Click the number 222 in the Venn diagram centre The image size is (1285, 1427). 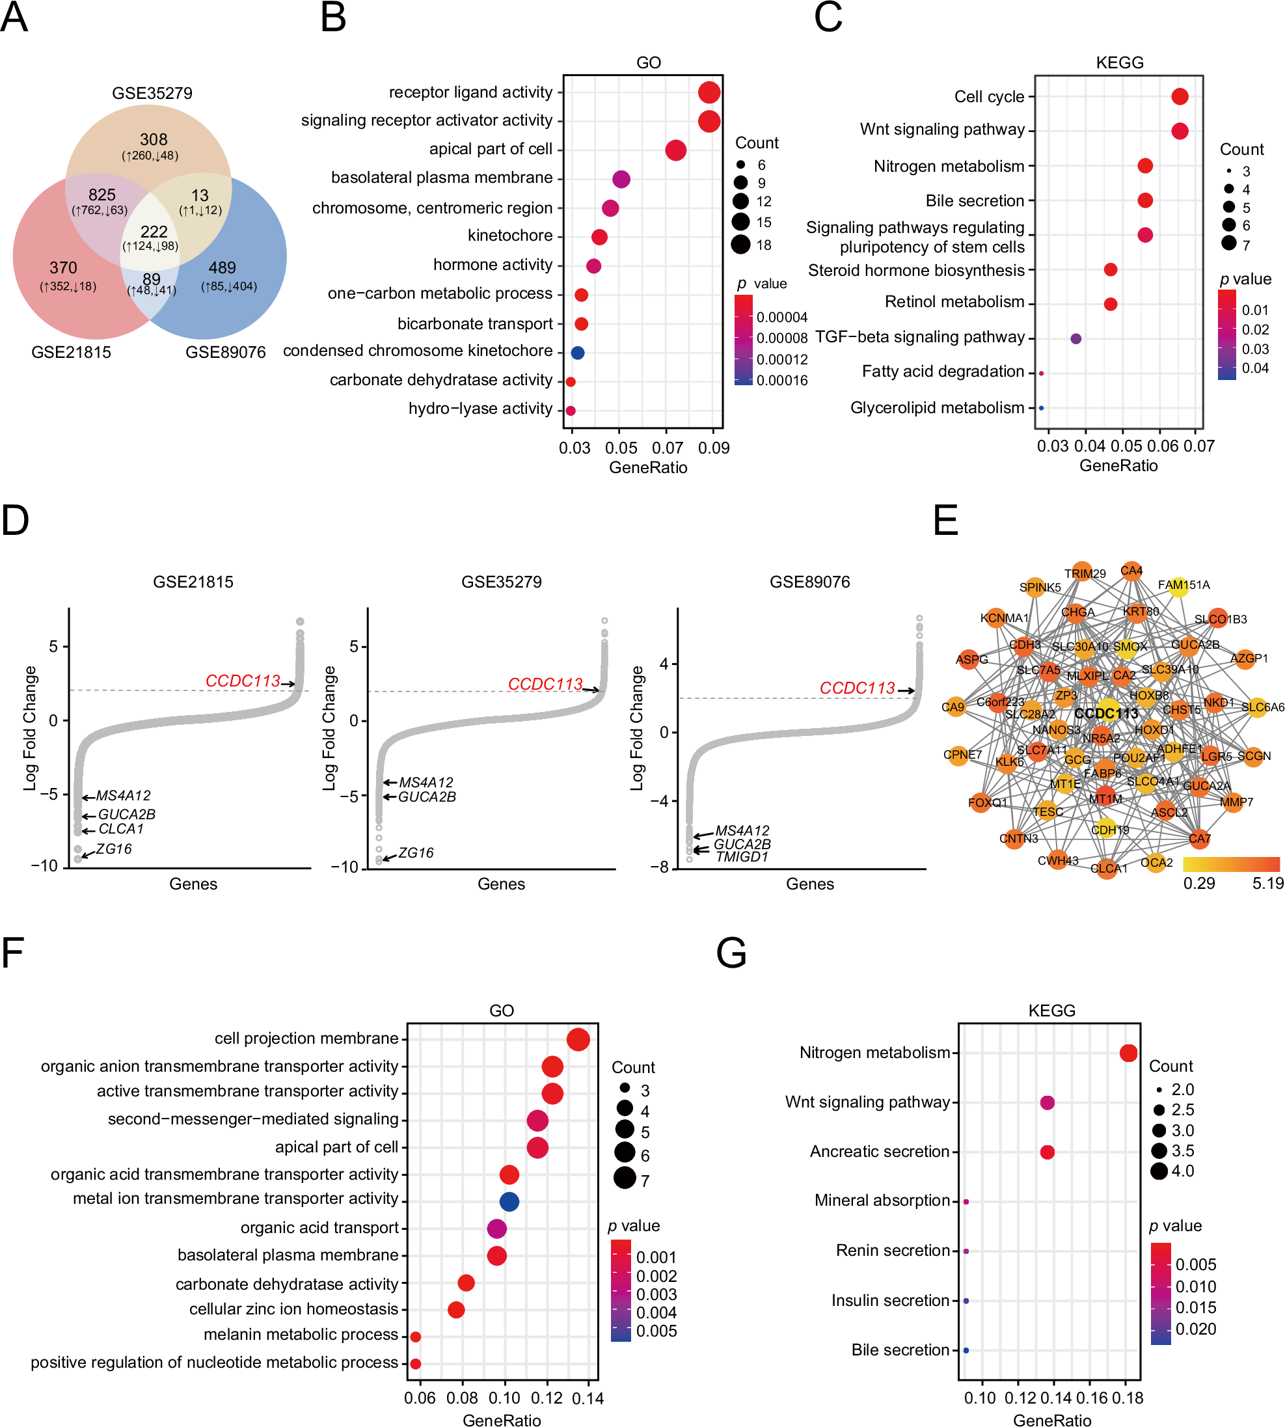tap(154, 232)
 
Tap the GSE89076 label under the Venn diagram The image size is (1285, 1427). tap(225, 352)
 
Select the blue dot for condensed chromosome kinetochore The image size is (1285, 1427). tap(578, 352)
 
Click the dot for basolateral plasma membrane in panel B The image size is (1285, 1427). tap(621, 179)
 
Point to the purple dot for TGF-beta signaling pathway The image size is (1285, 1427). tap(1076, 339)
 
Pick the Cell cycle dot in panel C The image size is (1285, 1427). tap(1180, 97)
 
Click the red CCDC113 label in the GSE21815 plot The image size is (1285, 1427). tap(242, 681)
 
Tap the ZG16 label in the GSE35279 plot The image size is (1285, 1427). tap(416, 853)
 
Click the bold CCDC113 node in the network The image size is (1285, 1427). tap(1106, 713)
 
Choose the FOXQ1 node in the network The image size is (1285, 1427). tap(981, 803)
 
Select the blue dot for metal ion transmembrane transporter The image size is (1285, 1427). tap(509, 1201)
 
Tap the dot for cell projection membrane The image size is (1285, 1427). tap(578, 1039)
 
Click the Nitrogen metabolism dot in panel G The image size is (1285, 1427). tap(1128, 1053)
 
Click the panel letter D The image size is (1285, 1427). tap(16, 521)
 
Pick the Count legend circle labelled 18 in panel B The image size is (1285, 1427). tap(740, 245)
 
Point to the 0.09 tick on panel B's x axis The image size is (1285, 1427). tap(714, 448)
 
